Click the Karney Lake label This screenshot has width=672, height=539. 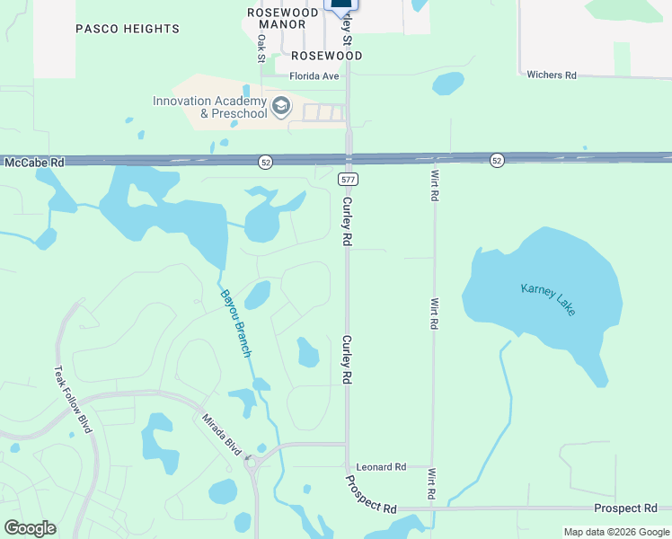tap(548, 299)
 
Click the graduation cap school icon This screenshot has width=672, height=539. tap(282, 108)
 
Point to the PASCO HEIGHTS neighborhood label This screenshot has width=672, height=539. tap(128, 29)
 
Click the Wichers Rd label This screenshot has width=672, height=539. tap(551, 75)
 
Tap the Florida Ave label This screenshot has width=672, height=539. tap(314, 76)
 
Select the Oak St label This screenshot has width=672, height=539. tap(261, 49)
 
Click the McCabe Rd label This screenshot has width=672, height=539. tap(35, 163)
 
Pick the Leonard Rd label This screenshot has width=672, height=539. tap(381, 467)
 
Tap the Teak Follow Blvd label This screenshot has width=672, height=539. tap(73, 399)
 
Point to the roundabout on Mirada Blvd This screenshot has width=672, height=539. tap(252, 464)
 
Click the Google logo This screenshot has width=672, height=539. tap(30, 528)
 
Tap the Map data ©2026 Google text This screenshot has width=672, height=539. tap(615, 532)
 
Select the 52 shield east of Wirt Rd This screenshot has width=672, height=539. tap(497, 160)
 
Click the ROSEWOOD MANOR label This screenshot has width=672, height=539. tap(282, 19)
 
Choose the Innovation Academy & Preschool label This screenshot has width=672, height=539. tap(209, 107)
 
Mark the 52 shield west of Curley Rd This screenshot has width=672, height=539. tap(264, 162)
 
